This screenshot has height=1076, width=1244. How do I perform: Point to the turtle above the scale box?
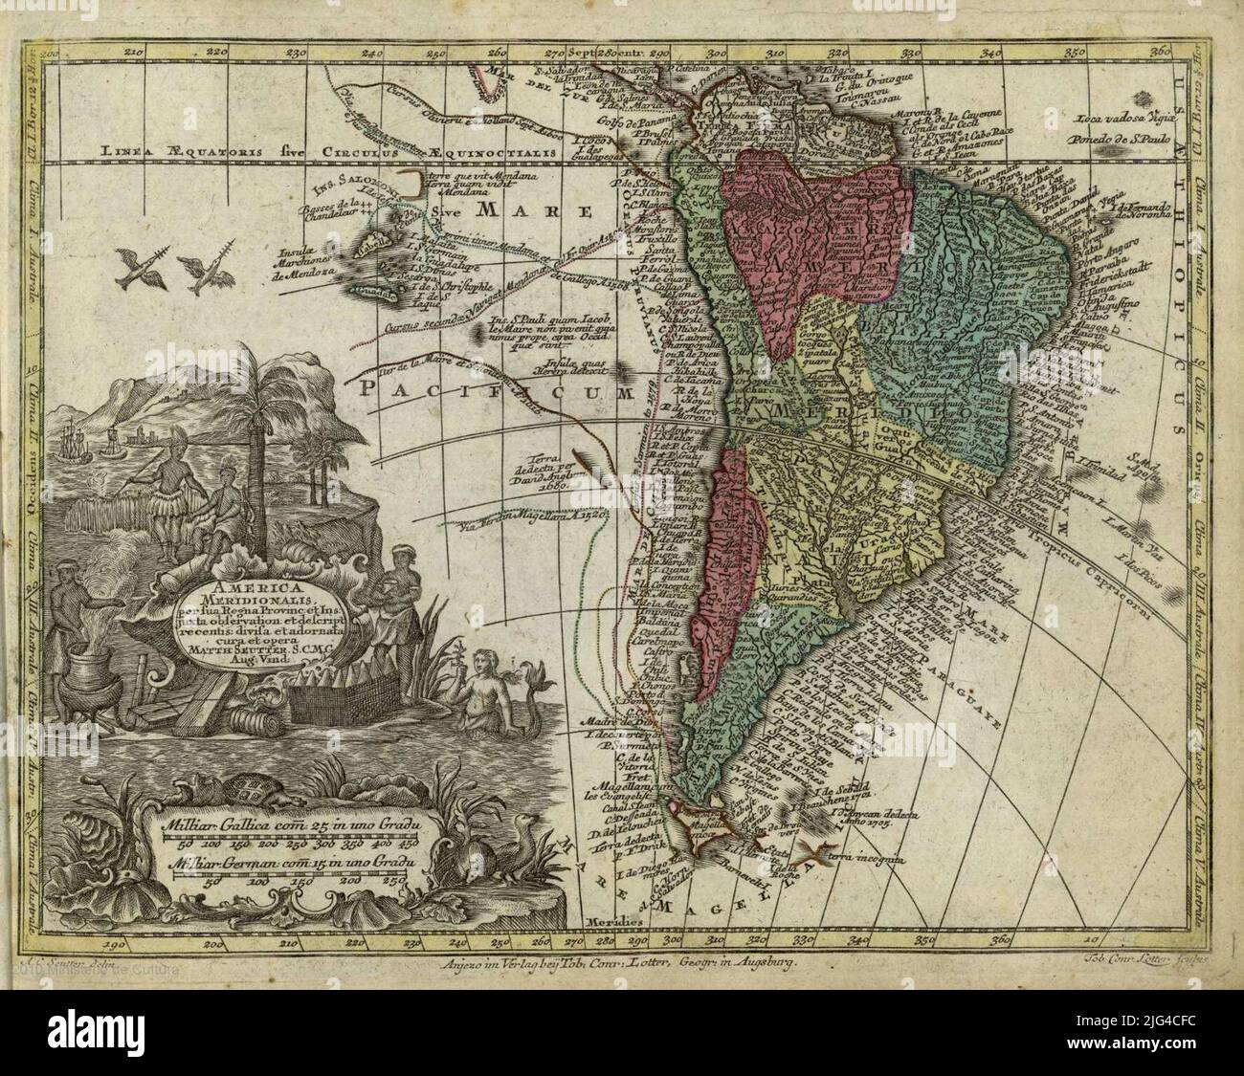click(x=241, y=788)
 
